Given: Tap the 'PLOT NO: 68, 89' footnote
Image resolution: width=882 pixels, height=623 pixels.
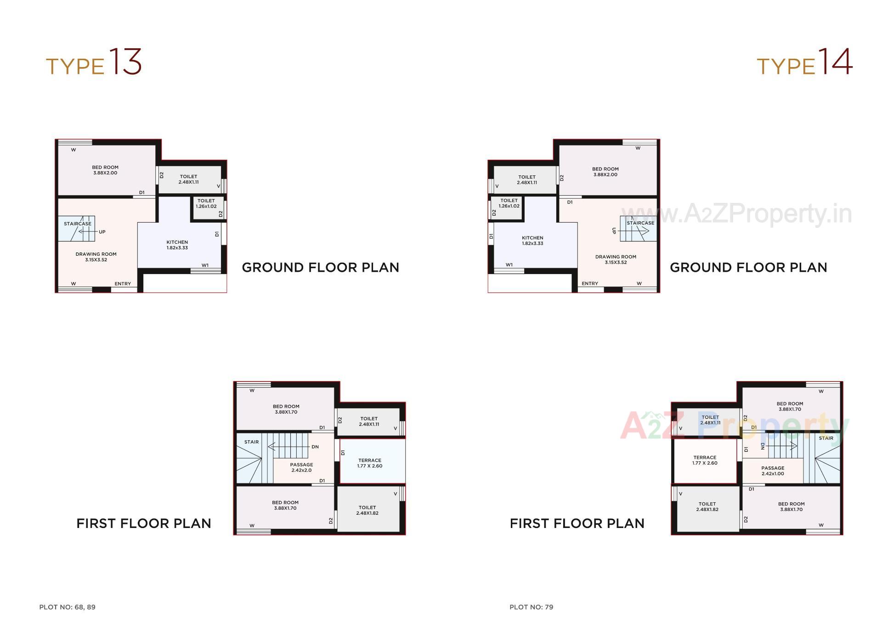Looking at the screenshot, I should (67, 607).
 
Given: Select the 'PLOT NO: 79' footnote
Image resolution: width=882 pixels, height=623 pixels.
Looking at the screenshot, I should (531, 607).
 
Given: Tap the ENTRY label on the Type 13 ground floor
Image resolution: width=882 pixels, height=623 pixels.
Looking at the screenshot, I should (123, 284).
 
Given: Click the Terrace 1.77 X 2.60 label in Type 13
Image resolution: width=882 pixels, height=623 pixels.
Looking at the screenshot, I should (369, 463).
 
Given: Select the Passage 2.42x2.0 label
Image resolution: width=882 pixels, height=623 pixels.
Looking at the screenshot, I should (301, 467).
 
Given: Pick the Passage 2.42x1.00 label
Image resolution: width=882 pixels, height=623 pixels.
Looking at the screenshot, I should (773, 471).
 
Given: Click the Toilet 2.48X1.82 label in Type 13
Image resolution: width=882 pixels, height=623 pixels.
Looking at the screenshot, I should (367, 510).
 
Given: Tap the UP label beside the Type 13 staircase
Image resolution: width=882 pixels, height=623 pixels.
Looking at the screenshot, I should (102, 232).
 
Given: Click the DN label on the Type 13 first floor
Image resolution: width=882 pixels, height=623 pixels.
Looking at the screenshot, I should (315, 447).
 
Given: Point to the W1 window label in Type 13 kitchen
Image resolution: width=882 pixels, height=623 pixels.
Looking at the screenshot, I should (205, 265).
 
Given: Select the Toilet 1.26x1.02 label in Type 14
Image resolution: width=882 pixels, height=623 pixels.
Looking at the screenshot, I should (509, 203).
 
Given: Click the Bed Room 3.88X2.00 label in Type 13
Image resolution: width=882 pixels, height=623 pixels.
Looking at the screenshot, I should (105, 170).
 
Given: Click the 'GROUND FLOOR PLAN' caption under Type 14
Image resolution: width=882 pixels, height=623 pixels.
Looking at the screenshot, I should (748, 268).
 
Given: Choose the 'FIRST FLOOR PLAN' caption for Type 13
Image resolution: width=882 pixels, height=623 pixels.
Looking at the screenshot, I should (144, 523).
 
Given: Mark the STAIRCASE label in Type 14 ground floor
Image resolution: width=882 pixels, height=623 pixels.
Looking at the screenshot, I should (640, 223).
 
